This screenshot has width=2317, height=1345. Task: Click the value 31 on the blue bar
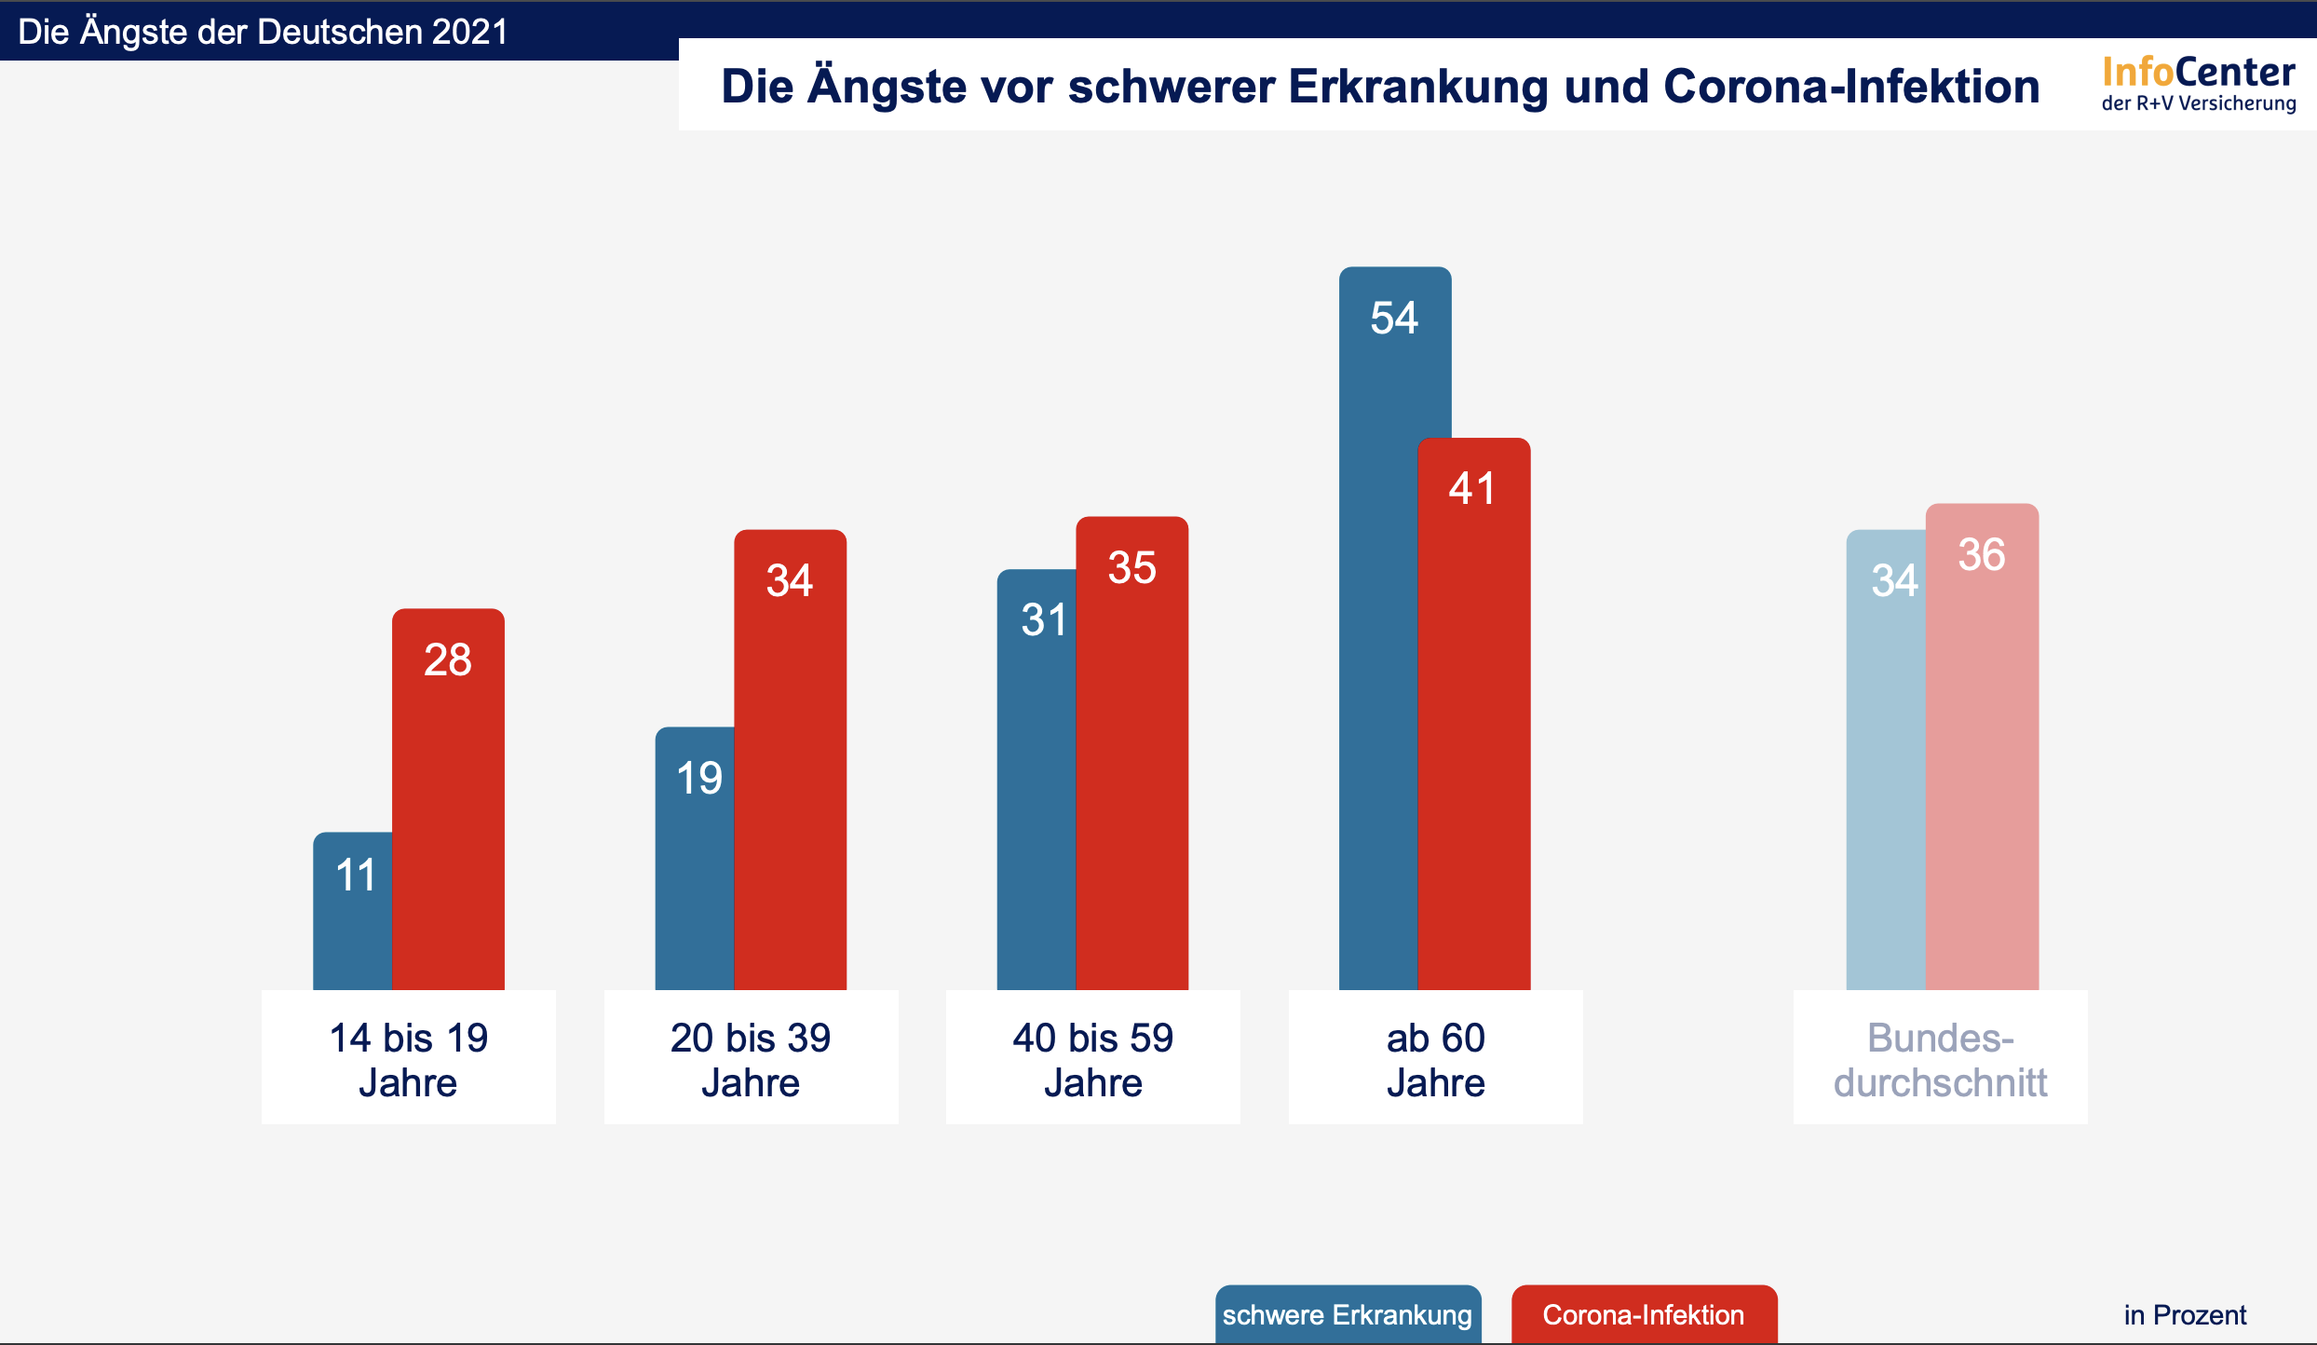[1043, 620]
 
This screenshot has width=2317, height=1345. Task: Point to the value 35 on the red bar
[1131, 568]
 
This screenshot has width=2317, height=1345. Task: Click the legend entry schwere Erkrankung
[1348, 1314]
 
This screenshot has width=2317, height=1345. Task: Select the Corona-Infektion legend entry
[1644, 1314]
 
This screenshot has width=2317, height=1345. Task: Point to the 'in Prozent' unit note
[2185, 1315]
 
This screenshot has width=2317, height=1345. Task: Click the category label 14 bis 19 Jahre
[408, 1060]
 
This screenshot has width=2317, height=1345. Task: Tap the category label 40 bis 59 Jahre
[1092, 1060]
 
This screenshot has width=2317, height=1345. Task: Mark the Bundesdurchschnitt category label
[1940, 1060]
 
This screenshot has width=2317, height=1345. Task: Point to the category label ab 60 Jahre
[1435, 1060]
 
